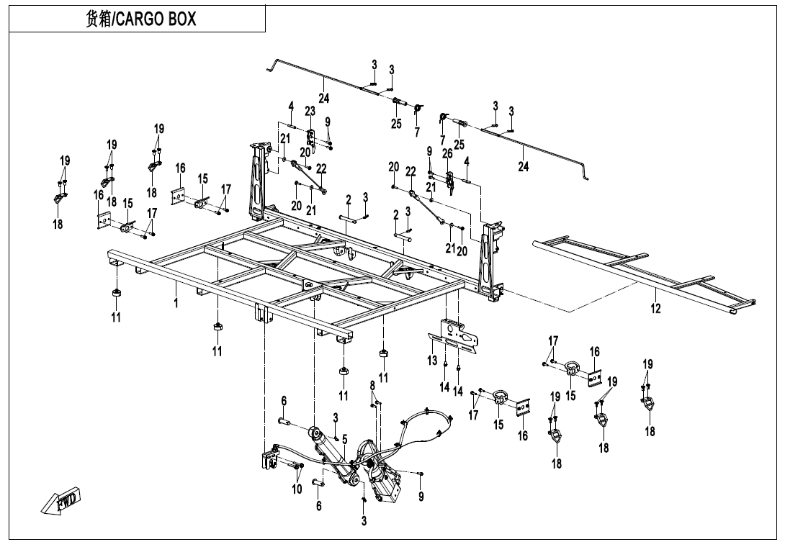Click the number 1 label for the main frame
click(176, 302)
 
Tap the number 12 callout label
click(655, 308)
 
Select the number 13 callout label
click(433, 361)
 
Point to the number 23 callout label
click(310, 111)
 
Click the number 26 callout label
click(447, 153)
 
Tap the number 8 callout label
click(372, 385)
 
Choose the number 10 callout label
click(297, 489)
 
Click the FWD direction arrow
click(60, 499)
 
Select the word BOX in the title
click(184, 19)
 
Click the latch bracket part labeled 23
click(311, 139)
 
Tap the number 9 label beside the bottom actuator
click(421, 496)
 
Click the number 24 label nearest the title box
click(324, 98)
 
